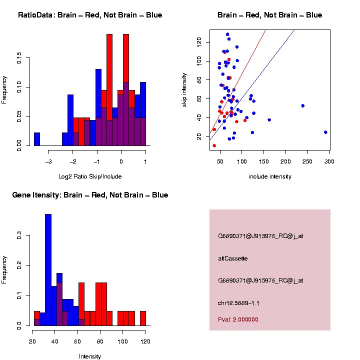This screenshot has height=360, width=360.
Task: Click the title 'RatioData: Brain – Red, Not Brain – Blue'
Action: (90, 15)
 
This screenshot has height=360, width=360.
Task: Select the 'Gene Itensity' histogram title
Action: (90, 195)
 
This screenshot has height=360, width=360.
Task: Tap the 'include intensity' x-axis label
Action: (270, 176)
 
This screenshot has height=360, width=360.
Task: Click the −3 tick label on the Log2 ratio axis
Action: (49, 161)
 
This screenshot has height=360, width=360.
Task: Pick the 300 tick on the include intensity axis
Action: (329, 161)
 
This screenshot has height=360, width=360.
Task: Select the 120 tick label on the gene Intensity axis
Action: (145, 341)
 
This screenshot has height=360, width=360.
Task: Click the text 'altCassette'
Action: (233, 258)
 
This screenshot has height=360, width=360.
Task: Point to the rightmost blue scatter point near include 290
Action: (325, 132)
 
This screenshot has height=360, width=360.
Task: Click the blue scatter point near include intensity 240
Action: (303, 106)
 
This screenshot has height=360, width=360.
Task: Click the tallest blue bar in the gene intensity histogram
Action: (48, 270)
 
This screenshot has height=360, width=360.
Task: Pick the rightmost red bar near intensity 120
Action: (143, 318)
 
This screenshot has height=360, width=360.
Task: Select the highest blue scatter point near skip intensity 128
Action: (227, 34)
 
